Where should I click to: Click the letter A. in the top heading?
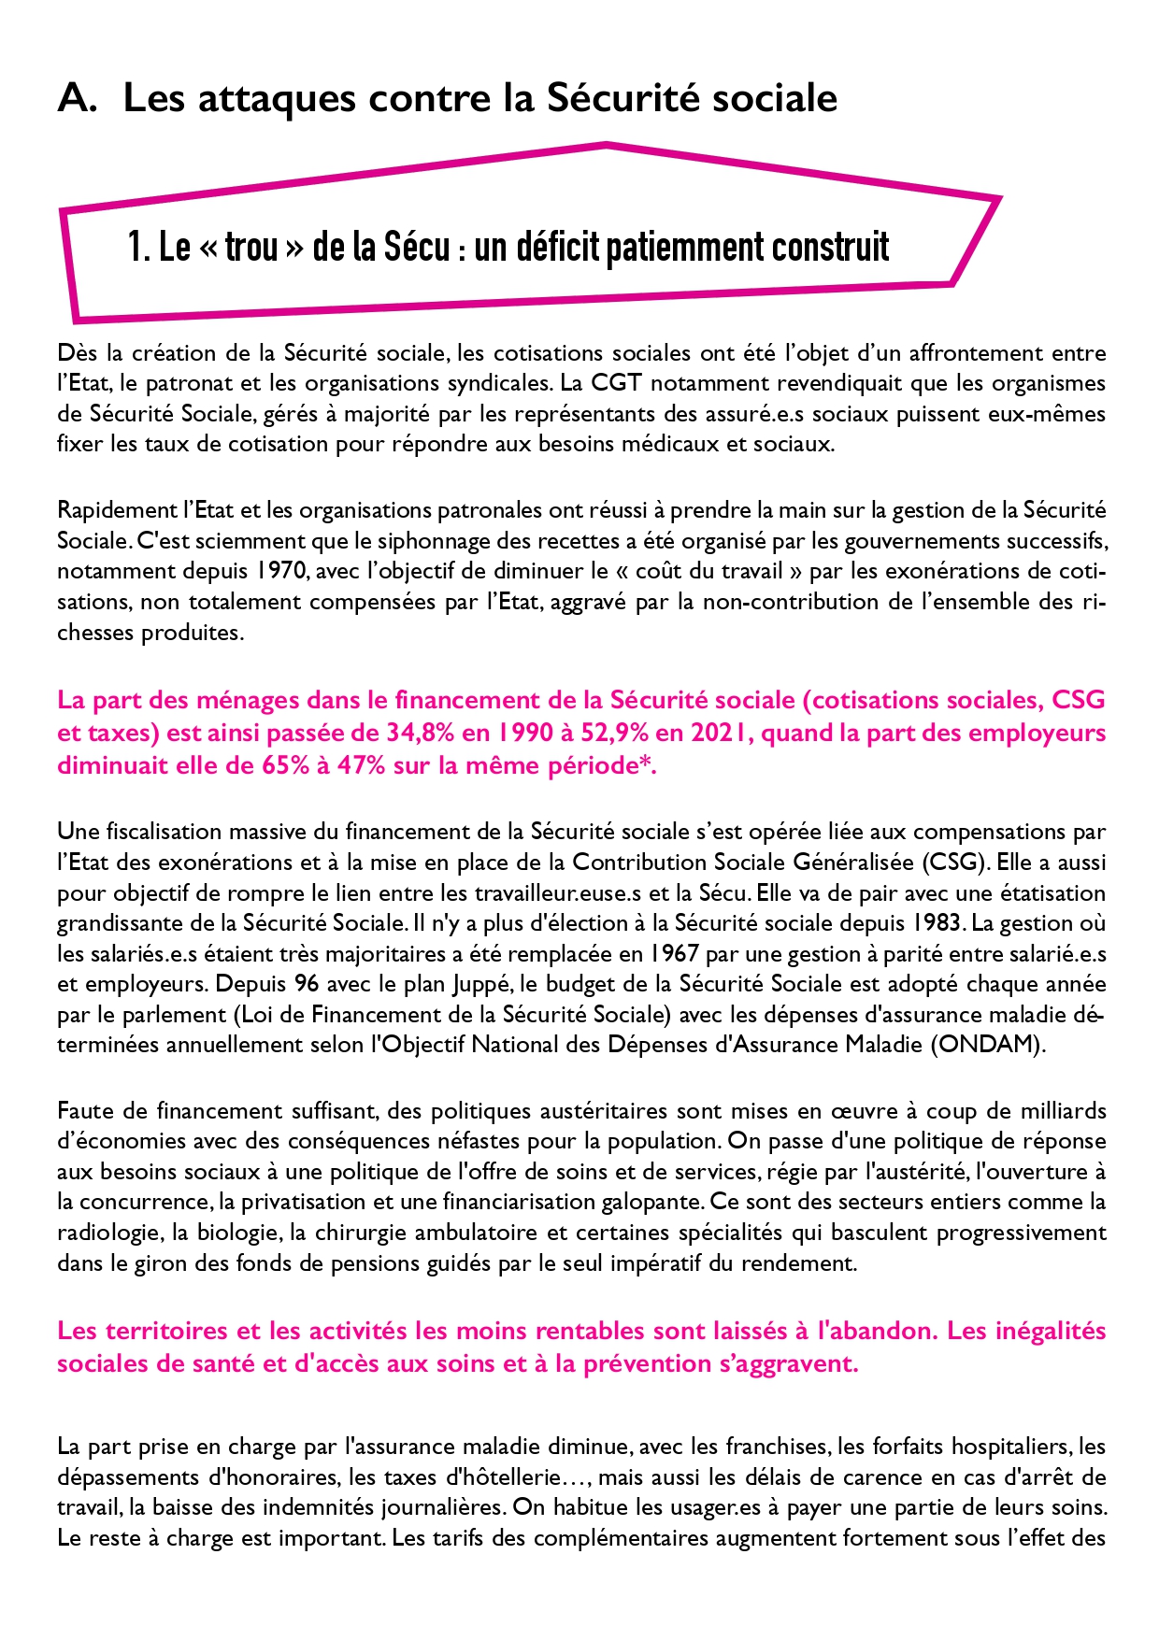click(x=77, y=98)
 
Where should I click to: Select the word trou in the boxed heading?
click(x=251, y=247)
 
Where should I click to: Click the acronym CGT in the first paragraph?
click(x=616, y=383)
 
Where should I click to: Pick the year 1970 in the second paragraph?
click(x=277, y=571)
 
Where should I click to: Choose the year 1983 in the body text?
click(x=937, y=923)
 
